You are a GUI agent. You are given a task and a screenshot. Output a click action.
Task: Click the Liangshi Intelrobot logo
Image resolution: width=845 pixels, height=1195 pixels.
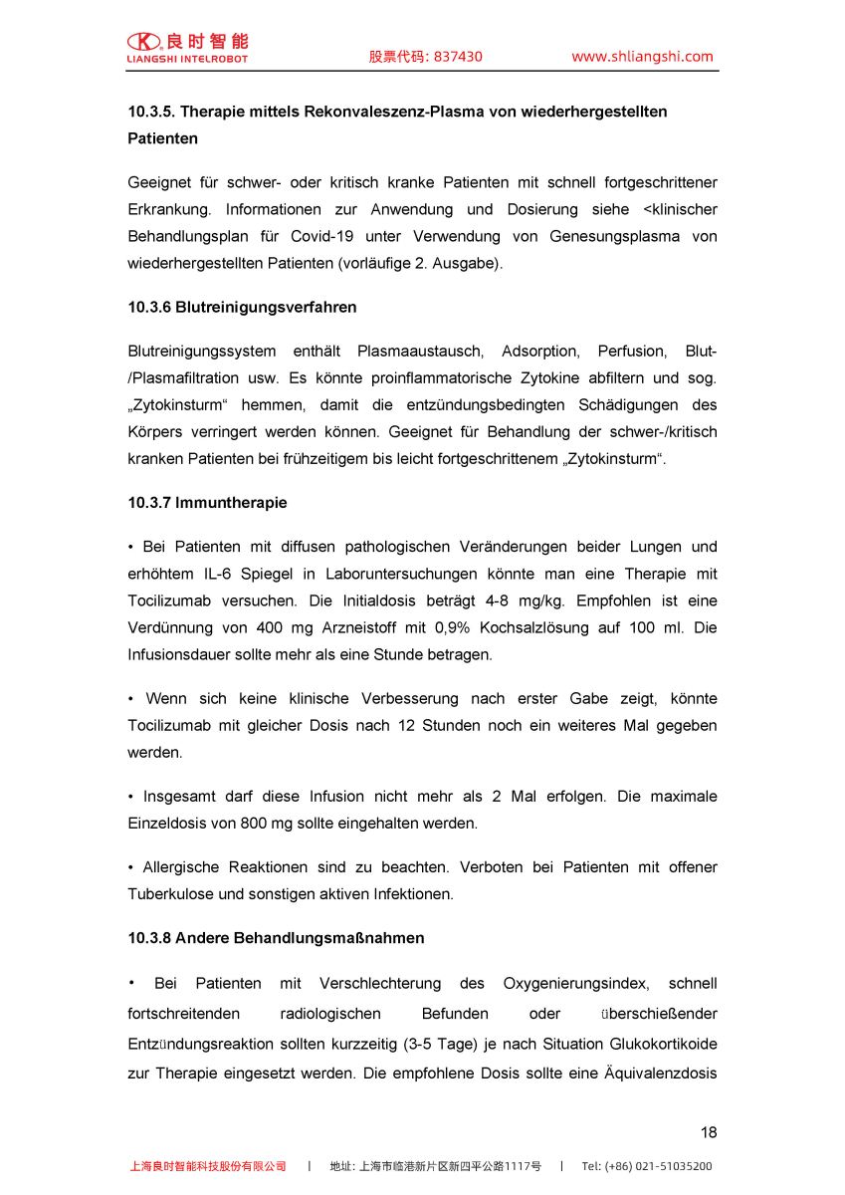(x=187, y=47)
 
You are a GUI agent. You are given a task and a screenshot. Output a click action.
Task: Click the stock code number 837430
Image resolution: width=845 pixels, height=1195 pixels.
(x=457, y=57)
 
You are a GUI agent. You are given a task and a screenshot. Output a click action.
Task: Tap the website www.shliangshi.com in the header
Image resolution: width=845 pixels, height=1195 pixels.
(x=642, y=57)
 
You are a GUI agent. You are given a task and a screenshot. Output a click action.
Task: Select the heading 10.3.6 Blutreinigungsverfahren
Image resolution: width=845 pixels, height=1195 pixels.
(x=242, y=308)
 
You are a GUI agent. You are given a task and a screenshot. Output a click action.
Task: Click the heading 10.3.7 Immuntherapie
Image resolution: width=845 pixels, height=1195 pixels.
(x=207, y=503)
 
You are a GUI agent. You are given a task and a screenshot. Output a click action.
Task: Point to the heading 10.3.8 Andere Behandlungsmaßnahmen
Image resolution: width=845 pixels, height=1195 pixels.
(x=276, y=938)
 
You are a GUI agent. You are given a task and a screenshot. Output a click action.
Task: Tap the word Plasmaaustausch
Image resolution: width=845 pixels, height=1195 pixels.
(x=420, y=352)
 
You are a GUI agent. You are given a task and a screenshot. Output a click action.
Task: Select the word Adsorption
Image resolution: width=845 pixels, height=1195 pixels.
(x=539, y=352)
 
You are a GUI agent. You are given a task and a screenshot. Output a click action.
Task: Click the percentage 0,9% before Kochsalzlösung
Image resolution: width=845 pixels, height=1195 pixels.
(x=450, y=628)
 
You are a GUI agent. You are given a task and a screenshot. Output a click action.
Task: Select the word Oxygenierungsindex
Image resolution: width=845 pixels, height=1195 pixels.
(x=576, y=984)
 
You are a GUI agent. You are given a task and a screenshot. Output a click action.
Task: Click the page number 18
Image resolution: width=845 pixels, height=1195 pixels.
(x=708, y=1132)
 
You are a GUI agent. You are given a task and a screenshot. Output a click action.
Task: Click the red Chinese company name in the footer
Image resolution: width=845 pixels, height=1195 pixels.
(x=208, y=1166)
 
